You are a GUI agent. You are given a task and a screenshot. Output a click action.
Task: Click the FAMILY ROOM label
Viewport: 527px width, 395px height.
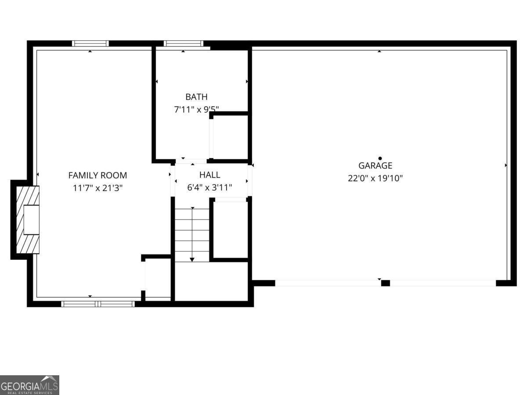[x=97, y=176]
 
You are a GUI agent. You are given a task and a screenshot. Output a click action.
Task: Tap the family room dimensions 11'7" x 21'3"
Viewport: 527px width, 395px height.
[x=97, y=188]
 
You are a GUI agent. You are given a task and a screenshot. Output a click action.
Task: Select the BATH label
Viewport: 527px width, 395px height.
[x=196, y=97]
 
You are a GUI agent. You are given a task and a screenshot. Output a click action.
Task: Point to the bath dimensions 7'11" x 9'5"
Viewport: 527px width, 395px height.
[x=196, y=110]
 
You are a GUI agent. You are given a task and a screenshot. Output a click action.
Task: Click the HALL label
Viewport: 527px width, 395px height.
[x=209, y=175]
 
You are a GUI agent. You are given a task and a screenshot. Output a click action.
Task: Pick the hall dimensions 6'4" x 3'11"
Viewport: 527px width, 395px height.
[x=209, y=188]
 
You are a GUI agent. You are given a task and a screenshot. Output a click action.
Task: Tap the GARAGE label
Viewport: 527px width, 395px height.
[x=375, y=166]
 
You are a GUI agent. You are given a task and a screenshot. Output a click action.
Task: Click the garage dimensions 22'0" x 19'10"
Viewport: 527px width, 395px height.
[x=375, y=179]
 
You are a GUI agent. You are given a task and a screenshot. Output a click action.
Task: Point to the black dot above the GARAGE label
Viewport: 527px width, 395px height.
[x=380, y=158]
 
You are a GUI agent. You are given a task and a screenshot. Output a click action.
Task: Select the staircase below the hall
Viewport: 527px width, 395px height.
[x=192, y=235]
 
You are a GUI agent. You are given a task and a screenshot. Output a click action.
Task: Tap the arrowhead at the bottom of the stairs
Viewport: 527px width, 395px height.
[x=192, y=260]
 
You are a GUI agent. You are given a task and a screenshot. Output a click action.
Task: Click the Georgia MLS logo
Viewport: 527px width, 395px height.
[x=29, y=385]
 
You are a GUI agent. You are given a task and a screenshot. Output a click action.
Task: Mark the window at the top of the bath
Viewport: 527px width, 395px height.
[x=183, y=43]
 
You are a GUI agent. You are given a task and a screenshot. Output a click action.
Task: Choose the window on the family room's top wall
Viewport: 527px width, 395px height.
[x=90, y=43]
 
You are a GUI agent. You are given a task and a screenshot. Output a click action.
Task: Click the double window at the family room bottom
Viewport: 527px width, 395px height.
[x=98, y=304]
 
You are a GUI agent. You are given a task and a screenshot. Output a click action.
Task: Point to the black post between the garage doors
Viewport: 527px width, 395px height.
[x=385, y=283]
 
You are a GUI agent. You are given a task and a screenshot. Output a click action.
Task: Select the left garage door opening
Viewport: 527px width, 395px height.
[x=328, y=283]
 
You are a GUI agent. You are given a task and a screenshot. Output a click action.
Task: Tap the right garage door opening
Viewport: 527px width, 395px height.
[x=443, y=283]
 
